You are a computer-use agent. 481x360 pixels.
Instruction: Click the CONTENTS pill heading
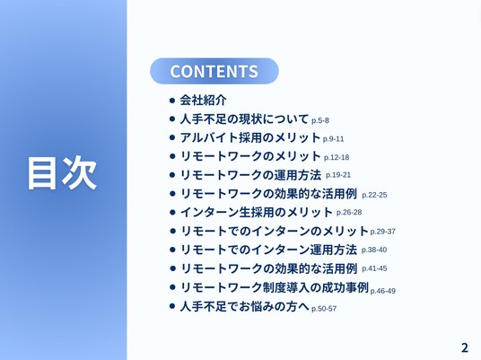click(214, 71)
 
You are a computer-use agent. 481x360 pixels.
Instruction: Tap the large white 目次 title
click(62, 172)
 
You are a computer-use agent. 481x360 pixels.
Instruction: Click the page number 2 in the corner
click(465, 347)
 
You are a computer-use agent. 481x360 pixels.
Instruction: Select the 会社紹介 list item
click(203, 100)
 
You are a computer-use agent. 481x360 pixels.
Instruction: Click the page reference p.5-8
click(320, 120)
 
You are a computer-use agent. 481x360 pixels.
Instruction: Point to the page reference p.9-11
click(333, 139)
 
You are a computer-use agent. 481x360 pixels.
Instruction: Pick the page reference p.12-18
click(337, 157)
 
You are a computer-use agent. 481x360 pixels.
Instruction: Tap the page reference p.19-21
click(338, 175)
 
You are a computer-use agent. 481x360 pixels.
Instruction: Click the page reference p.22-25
click(374, 195)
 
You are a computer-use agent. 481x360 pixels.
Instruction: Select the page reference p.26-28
click(349, 213)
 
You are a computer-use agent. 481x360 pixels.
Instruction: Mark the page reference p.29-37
click(383, 232)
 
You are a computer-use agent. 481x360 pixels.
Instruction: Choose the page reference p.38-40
click(374, 250)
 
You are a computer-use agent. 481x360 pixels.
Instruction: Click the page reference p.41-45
click(374, 268)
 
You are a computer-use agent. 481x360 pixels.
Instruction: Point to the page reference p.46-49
click(383, 291)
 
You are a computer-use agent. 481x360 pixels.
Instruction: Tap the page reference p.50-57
click(324, 309)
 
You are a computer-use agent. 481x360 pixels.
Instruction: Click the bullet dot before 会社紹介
click(172, 101)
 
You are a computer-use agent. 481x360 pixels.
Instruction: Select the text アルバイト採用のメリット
click(250, 137)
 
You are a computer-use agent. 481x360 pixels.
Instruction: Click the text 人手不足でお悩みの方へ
click(244, 306)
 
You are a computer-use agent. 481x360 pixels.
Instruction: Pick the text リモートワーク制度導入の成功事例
click(275, 287)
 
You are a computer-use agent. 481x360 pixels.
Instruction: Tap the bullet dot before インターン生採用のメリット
click(172, 213)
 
